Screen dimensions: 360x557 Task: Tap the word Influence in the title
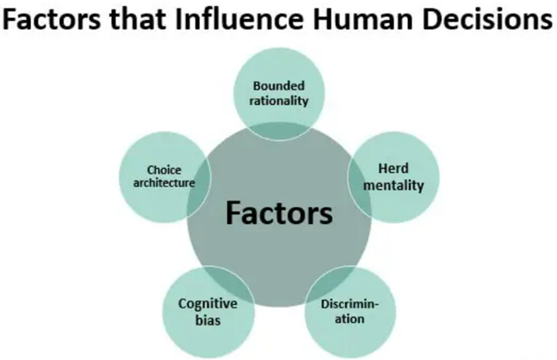(x=238, y=22)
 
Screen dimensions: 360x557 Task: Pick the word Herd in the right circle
(x=392, y=169)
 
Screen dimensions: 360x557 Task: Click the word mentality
(x=392, y=184)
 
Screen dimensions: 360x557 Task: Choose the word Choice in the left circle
(x=164, y=170)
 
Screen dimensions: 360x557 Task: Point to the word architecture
(x=164, y=183)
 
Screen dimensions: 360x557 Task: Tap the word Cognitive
(x=207, y=303)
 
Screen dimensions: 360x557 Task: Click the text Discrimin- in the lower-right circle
(x=349, y=304)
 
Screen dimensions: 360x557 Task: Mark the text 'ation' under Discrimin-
(x=349, y=319)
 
